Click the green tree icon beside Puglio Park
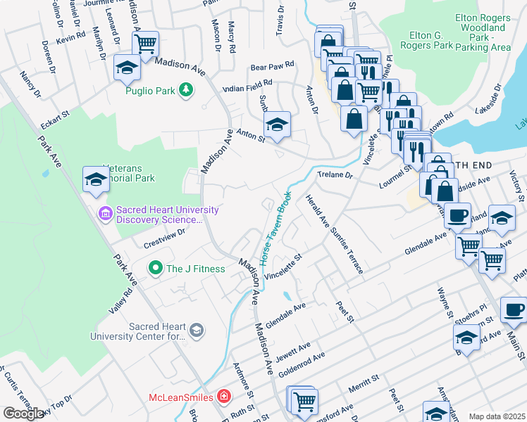coord(185,90)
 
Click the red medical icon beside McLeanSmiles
coord(224,397)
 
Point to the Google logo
coord(23,414)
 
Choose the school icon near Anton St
coord(278,124)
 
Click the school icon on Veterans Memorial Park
coord(96,179)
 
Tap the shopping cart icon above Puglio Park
coord(145,44)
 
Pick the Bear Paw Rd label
coord(272,68)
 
